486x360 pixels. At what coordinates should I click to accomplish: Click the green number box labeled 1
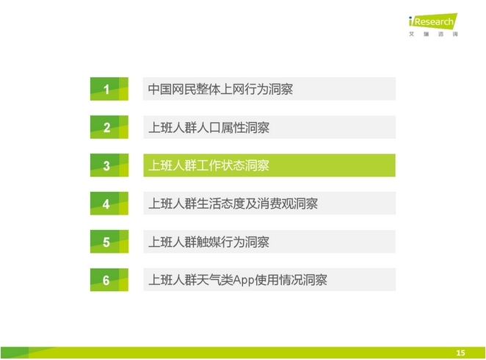pos(109,89)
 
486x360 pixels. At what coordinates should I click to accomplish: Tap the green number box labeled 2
pos(109,127)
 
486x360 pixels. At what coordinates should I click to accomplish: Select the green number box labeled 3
pos(109,165)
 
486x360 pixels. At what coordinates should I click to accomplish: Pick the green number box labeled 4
pos(109,204)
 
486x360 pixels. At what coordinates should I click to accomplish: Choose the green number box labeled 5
pos(109,242)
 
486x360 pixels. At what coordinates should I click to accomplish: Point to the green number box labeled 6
pos(109,280)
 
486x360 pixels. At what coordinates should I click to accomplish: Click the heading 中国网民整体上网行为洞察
pos(220,90)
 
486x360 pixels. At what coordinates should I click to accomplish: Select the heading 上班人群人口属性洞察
pos(208,127)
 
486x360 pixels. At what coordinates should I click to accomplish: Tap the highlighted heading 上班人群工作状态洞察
pos(208,165)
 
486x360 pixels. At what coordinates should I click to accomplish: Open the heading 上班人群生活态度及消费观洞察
pos(233,204)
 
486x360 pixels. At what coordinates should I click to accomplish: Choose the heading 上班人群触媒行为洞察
pos(208,242)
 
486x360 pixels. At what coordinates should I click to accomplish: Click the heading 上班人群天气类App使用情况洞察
pos(237,280)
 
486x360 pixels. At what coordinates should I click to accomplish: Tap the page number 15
pos(460,353)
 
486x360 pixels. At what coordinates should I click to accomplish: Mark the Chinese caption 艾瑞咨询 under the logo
pos(433,34)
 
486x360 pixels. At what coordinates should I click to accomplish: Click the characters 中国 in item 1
pos(160,90)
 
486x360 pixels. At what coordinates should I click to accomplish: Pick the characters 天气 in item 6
pos(208,280)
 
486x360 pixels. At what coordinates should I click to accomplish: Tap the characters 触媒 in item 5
pos(208,242)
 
